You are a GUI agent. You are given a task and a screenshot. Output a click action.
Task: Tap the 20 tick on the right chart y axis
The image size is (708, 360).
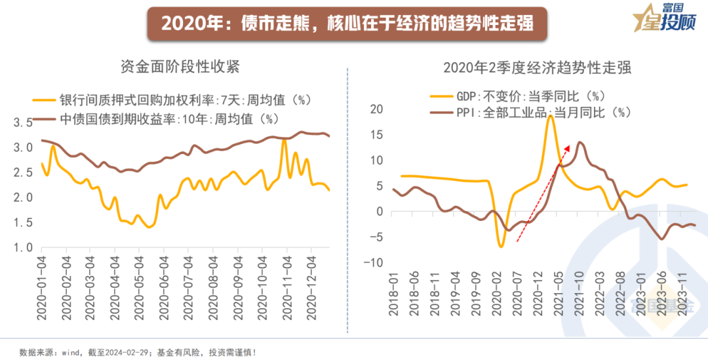[x=376, y=109]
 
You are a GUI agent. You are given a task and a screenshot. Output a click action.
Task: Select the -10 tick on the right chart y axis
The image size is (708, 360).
[x=373, y=262]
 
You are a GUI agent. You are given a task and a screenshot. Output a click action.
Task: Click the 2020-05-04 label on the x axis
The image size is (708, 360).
[x=138, y=285]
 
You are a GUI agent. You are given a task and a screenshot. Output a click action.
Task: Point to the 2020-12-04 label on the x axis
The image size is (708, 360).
[x=312, y=285]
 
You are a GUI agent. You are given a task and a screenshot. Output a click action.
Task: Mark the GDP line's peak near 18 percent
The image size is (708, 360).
[x=550, y=116]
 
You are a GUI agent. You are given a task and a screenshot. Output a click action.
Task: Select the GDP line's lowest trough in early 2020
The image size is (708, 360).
[x=501, y=246]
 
